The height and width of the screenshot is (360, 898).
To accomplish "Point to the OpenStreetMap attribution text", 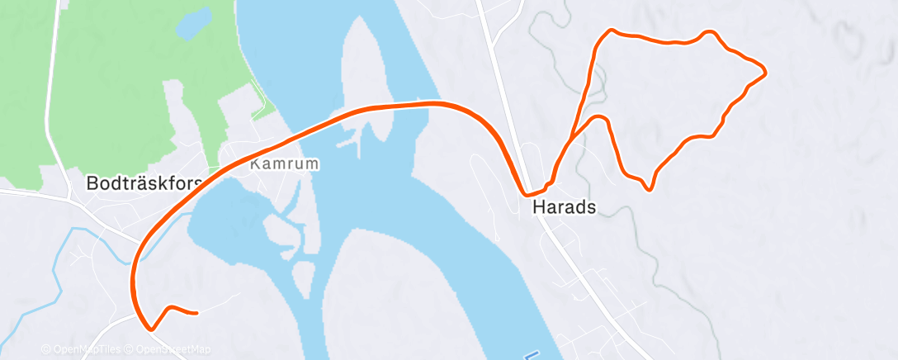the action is click(x=170, y=349).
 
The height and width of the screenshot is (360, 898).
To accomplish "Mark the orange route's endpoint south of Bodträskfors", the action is click(x=196, y=313).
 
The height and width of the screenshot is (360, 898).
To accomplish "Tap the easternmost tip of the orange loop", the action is click(x=766, y=73).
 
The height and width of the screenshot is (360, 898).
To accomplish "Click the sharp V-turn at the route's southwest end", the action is click(x=150, y=329).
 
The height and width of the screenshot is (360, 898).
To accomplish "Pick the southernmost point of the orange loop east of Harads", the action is click(x=650, y=189).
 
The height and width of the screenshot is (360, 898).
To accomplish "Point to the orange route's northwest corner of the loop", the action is click(x=610, y=31).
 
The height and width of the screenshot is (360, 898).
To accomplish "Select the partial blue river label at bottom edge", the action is click(x=531, y=356).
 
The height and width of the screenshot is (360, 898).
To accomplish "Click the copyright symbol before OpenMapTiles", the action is click(x=45, y=349).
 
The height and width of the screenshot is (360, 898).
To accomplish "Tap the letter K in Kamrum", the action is click(x=255, y=163).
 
